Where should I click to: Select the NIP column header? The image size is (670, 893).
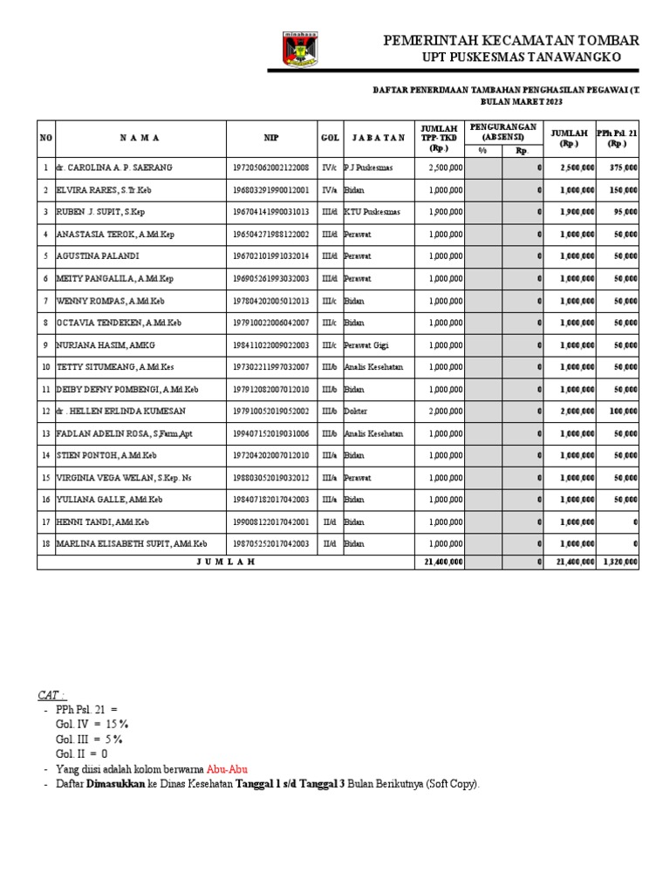click(271, 138)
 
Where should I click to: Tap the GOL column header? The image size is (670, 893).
click(330, 138)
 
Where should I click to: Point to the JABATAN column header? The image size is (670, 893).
click(379, 138)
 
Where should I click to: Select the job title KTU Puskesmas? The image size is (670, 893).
click(368, 212)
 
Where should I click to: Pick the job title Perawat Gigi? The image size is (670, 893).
click(366, 345)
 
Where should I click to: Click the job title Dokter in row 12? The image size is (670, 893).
click(355, 412)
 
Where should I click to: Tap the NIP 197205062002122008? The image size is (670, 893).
click(270, 167)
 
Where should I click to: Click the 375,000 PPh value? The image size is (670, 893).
click(623, 167)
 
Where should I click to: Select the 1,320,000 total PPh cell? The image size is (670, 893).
click(619, 562)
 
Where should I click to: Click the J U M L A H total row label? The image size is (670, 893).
click(224, 562)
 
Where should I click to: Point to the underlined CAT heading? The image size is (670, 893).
click(51, 695)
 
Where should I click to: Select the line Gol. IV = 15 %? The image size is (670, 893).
click(92, 725)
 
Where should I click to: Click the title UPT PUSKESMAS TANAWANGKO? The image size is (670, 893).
click(522, 58)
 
